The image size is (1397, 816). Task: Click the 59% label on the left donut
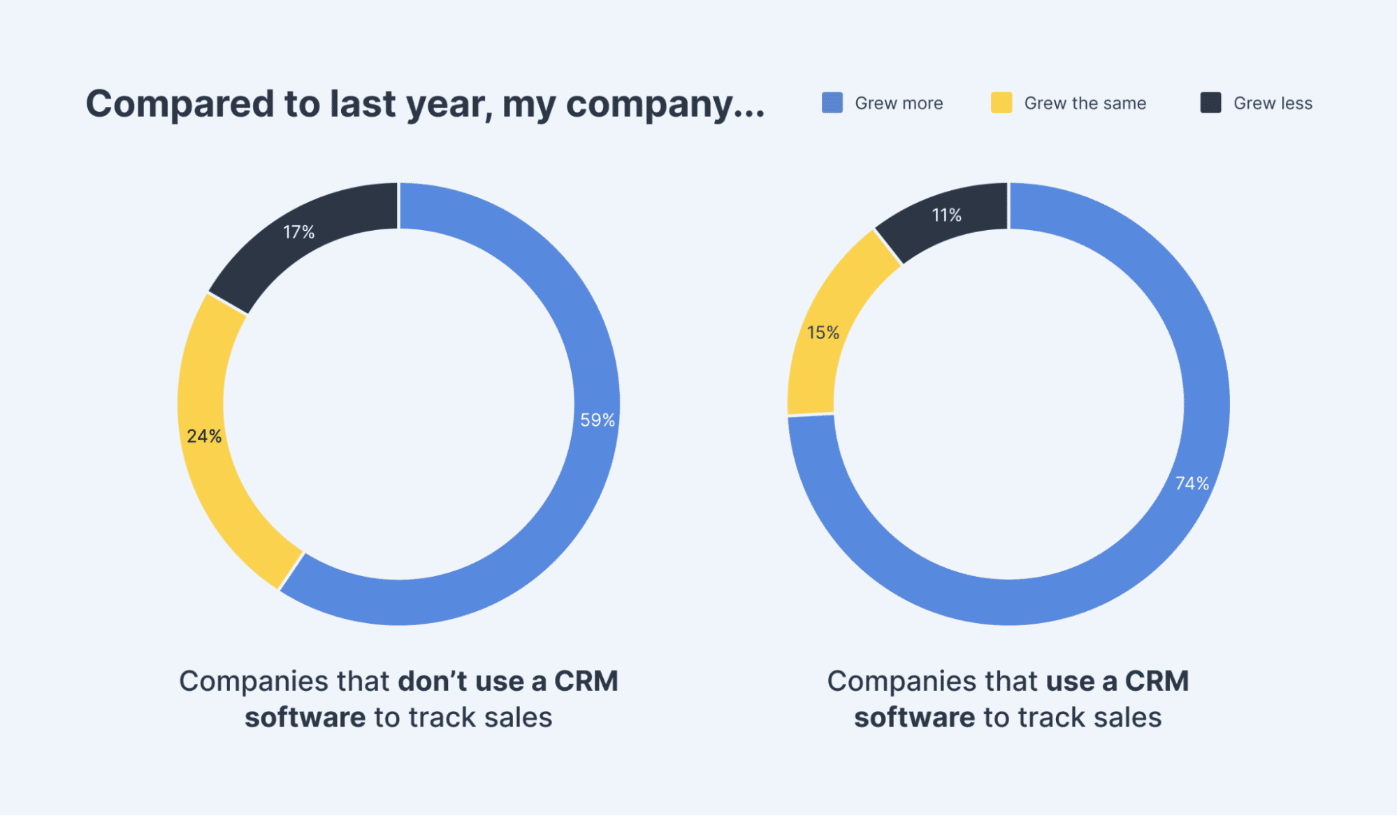(x=598, y=420)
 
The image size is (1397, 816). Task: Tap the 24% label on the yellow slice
(x=204, y=436)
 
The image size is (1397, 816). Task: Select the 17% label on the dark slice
(x=298, y=232)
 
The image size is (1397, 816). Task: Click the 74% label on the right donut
(x=1192, y=483)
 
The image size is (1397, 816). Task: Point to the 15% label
(x=823, y=333)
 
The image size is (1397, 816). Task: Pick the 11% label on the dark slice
(x=946, y=215)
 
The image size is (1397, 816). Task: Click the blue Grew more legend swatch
(x=832, y=103)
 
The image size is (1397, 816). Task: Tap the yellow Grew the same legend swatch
(x=1001, y=103)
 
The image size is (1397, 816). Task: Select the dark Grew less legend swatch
(x=1210, y=103)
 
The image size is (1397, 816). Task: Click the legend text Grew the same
(x=1085, y=103)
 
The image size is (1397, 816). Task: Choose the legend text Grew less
(x=1273, y=103)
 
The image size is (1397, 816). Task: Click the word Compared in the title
(x=180, y=105)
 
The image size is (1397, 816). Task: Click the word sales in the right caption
(x=1127, y=717)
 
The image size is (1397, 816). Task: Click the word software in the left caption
(x=305, y=717)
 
